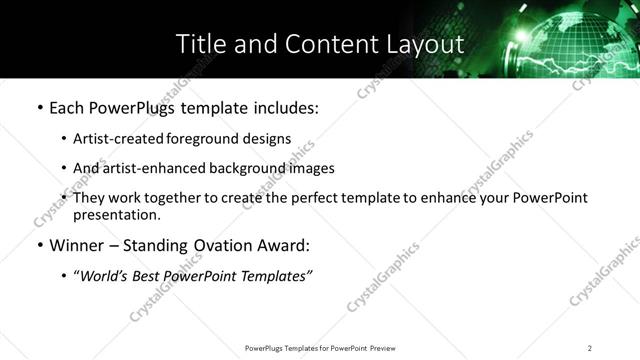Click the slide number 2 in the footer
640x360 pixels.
coord(590,347)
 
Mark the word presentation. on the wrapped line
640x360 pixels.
coord(116,214)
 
